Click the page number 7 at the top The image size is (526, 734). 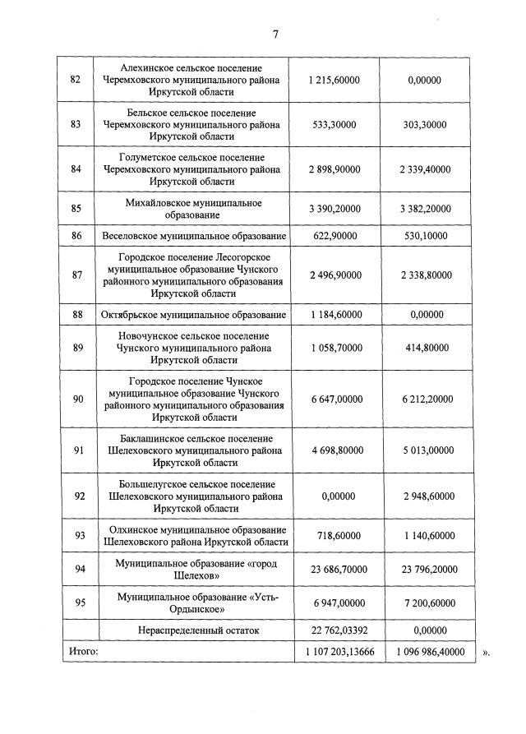coord(275,34)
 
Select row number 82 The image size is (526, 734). coord(76,79)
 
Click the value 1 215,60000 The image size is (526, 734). coord(335,79)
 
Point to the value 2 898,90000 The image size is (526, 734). coord(335,169)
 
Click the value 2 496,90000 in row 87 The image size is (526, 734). coord(335,275)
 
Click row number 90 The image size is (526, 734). coord(76,399)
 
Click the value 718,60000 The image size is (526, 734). coord(335,535)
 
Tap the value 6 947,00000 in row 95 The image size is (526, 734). coord(335,602)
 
